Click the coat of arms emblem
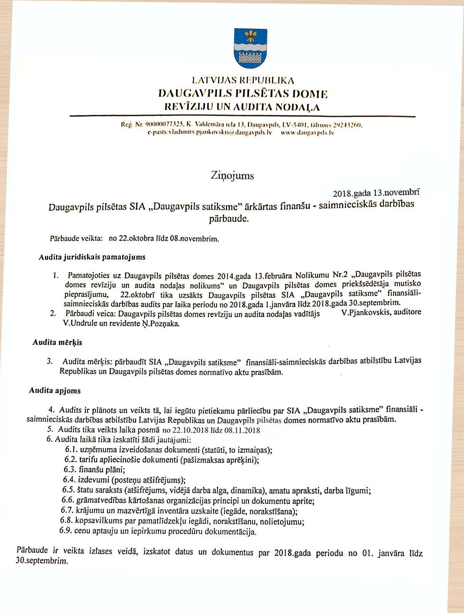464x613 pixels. click(x=250, y=49)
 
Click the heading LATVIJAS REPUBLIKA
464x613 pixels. click(x=243, y=81)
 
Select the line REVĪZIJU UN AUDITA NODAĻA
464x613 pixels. click(x=242, y=106)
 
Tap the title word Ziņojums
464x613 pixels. click(x=232, y=176)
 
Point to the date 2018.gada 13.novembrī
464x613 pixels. click(x=376, y=193)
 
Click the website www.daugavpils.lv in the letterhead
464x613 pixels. click(x=307, y=132)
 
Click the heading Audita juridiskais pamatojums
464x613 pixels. click(x=92, y=257)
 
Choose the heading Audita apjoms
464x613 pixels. click(x=55, y=390)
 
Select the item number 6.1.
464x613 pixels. click(x=71, y=449)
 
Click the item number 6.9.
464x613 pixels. click(x=66, y=530)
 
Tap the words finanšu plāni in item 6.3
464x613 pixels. click(x=102, y=469)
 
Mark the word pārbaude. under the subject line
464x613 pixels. click(x=229, y=219)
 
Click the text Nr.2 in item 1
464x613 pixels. click(x=340, y=275)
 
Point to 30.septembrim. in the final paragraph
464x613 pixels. click(x=42, y=561)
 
